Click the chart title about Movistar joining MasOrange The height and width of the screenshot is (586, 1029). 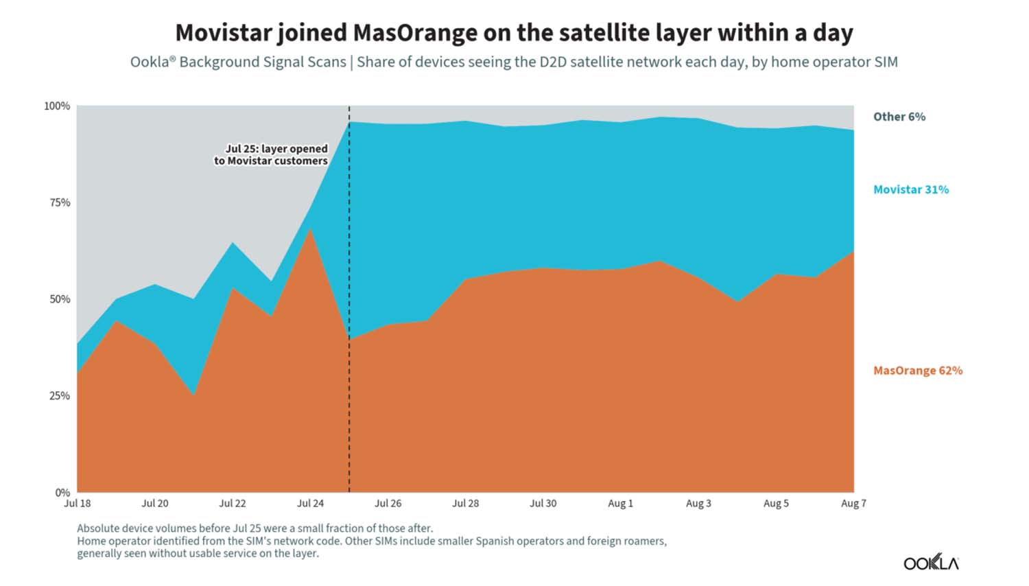(x=514, y=33)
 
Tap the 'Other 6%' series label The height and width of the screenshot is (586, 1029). (x=899, y=117)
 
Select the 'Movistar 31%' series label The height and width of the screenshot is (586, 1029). (x=911, y=189)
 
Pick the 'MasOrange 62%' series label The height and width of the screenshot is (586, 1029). (x=918, y=371)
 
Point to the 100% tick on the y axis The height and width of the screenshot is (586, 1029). (x=57, y=106)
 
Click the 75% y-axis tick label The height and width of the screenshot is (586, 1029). (x=59, y=202)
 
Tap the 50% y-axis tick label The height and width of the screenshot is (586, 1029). (x=59, y=299)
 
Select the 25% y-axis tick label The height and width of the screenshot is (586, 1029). (x=59, y=396)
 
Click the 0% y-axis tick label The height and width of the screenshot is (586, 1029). (x=62, y=493)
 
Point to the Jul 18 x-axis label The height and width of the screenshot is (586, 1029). (x=77, y=503)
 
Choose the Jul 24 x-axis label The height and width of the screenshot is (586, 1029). (x=310, y=503)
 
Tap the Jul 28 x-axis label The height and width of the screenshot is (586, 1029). (x=465, y=503)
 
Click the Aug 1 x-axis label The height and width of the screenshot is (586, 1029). (x=621, y=503)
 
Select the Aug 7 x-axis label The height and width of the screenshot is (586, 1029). (x=853, y=503)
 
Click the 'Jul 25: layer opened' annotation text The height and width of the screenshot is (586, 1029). (x=276, y=149)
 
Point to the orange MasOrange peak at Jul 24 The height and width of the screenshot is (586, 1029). (x=311, y=229)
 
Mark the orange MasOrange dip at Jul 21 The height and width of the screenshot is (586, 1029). (x=194, y=395)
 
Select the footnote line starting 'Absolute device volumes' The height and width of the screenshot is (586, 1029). (x=255, y=528)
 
